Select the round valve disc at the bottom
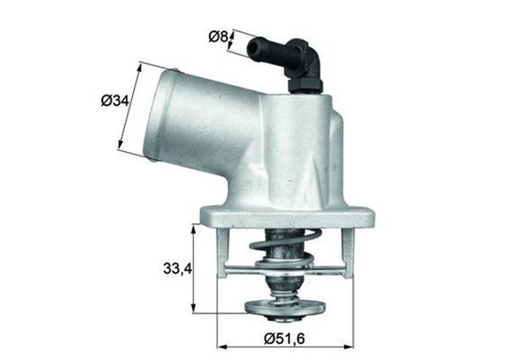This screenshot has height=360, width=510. tap(286, 307)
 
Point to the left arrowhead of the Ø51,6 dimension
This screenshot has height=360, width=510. tap(221, 346)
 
